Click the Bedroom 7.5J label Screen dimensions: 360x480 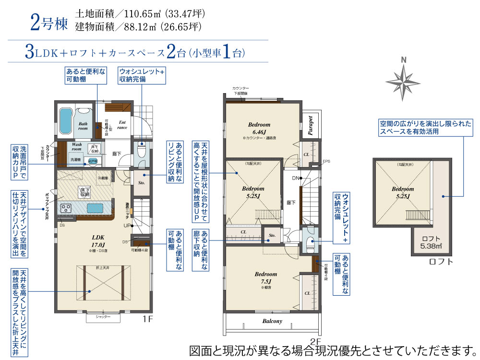[x=266, y=277]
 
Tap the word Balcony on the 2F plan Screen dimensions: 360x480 [x=272, y=321]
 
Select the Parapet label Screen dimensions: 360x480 [x=310, y=125]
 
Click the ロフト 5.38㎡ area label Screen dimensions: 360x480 [x=431, y=242]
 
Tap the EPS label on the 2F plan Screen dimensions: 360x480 [x=326, y=161]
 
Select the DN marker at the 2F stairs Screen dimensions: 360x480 [x=295, y=178]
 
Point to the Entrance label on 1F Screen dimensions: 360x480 [x=122, y=125]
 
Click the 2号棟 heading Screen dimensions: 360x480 [x=49, y=24]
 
